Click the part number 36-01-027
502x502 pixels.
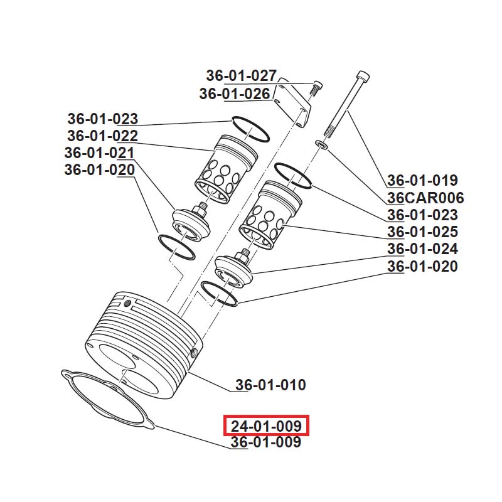click(x=241, y=76)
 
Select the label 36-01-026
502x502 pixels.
click(x=235, y=94)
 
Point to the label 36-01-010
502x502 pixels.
click(x=270, y=385)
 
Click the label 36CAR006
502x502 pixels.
click(x=425, y=198)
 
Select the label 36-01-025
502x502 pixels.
click(x=422, y=232)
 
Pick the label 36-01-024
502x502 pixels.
click(x=422, y=249)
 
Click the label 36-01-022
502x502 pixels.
click(x=102, y=136)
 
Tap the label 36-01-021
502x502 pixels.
click(x=99, y=153)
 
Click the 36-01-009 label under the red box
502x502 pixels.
click(x=265, y=442)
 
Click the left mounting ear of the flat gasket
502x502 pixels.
click(x=67, y=376)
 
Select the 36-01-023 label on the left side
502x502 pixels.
click(x=102, y=119)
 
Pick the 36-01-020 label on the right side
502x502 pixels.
click(x=422, y=266)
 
